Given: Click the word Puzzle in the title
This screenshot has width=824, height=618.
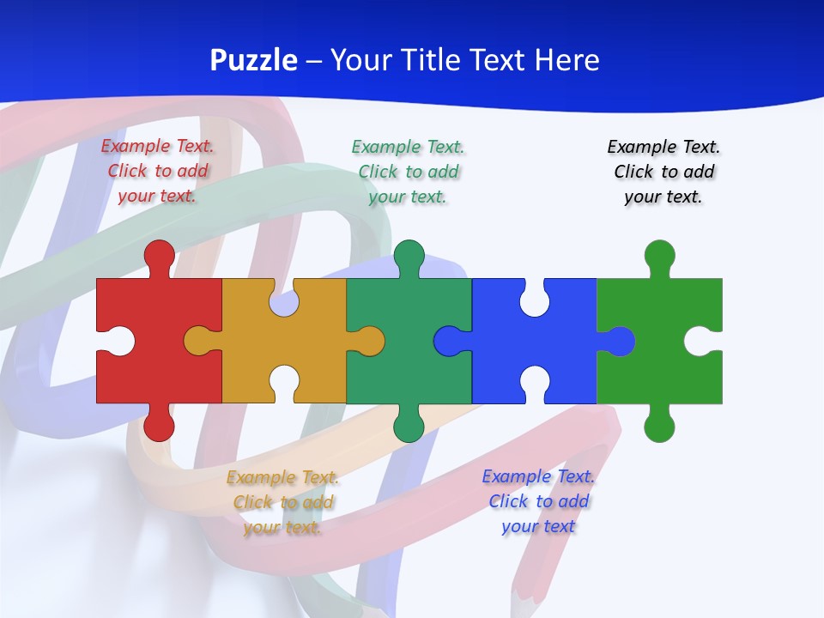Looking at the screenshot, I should click(254, 61).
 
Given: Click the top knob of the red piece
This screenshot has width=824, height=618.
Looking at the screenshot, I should click(159, 254).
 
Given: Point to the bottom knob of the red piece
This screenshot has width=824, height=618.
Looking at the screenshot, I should click(159, 427).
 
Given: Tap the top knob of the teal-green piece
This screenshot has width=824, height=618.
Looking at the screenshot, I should click(409, 255).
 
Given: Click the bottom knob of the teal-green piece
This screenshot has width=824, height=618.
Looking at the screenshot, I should click(409, 427).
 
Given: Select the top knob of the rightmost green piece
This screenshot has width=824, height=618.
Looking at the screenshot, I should click(659, 255).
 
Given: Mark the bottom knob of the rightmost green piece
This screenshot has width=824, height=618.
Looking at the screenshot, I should click(659, 427).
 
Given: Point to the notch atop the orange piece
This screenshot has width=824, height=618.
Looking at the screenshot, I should click(284, 301).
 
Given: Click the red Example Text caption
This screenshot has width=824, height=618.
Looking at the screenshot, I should click(158, 171).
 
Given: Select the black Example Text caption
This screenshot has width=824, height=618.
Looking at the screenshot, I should click(663, 172).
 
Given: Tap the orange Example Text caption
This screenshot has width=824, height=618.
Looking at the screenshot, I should click(282, 502).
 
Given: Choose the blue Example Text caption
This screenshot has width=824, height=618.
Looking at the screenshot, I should click(538, 501).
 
